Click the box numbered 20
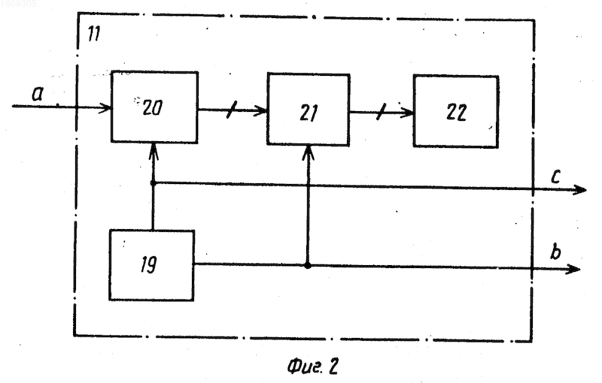click(x=154, y=107)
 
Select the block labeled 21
click(x=309, y=110)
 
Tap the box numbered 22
click(x=456, y=111)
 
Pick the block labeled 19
click(x=152, y=265)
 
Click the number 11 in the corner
click(x=93, y=34)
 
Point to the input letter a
click(x=38, y=93)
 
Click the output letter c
click(x=555, y=176)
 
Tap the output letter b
click(x=555, y=252)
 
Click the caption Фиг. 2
click(x=313, y=366)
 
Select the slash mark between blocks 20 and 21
click(x=232, y=110)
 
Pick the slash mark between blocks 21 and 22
click(x=381, y=113)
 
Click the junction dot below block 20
click(x=153, y=183)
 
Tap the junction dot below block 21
click(x=308, y=265)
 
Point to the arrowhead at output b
click(x=573, y=269)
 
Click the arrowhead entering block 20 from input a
click(x=105, y=107)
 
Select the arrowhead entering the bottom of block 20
click(x=154, y=150)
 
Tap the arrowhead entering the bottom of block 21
click(x=309, y=152)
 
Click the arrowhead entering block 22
click(x=406, y=113)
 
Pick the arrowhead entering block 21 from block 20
click(x=260, y=111)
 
